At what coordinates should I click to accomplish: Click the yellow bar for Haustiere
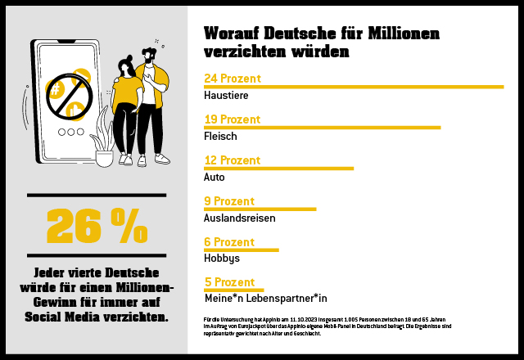[353, 86]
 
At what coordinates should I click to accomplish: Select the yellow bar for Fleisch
[322, 127]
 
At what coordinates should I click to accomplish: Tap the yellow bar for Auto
[278, 169]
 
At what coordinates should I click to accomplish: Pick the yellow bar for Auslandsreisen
[260, 209]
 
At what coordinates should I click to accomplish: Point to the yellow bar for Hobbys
[241, 250]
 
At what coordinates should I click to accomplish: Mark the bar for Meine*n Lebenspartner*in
[233, 290]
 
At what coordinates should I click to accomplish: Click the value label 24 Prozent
[232, 79]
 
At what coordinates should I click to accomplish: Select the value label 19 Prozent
[232, 119]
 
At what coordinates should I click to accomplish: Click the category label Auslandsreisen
[239, 218]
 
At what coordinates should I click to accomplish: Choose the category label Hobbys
[221, 259]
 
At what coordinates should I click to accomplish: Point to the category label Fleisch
[219, 137]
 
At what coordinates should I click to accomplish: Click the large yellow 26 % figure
[97, 226]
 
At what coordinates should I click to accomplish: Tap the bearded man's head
[150, 56]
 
